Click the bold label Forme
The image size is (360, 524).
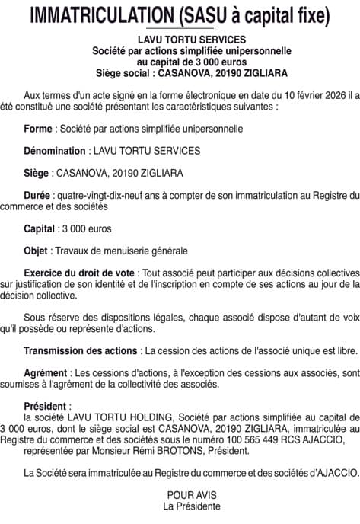click(x=39, y=129)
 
